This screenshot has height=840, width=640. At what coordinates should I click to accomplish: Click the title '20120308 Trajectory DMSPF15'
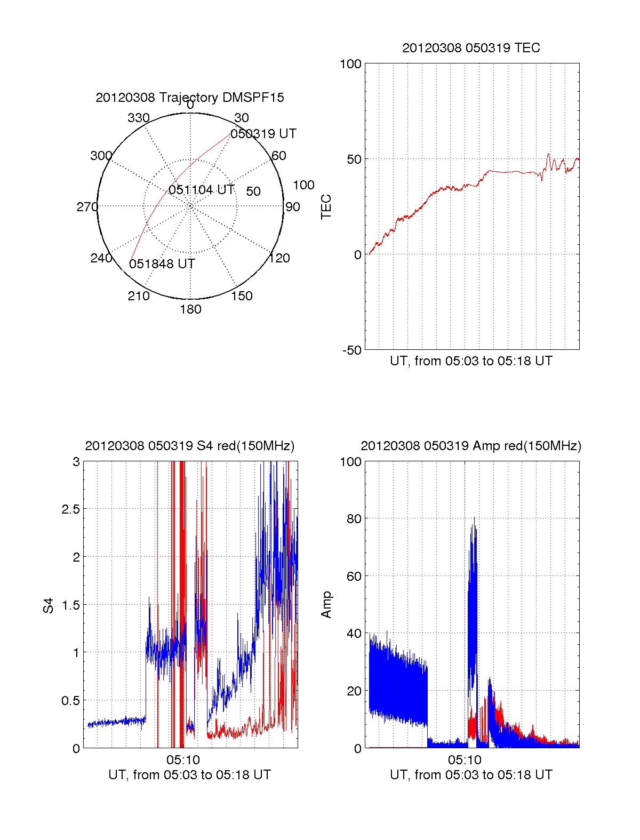[190, 98]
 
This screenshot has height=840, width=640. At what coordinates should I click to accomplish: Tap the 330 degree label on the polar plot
[138, 118]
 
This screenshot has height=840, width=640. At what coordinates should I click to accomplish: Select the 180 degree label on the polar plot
[190, 309]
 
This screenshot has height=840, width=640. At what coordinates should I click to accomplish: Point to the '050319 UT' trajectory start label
[263, 134]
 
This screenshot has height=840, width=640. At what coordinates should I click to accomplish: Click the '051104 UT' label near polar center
[202, 190]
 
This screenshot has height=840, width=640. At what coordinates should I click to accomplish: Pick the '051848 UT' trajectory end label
[162, 264]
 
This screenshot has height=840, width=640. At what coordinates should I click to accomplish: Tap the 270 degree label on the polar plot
[87, 207]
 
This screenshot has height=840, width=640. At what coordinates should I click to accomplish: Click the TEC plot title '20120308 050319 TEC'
[471, 48]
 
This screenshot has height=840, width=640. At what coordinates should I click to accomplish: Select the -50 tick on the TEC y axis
[352, 350]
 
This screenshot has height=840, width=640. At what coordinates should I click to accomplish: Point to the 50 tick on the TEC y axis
[354, 159]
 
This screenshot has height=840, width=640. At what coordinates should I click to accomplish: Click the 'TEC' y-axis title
[326, 207]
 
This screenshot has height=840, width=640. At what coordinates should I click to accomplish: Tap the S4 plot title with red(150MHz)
[189, 446]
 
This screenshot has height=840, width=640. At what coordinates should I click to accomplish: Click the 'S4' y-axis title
[49, 605]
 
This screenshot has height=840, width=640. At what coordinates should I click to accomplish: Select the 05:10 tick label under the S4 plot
[183, 760]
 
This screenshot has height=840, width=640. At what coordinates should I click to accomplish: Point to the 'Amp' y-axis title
[326, 605]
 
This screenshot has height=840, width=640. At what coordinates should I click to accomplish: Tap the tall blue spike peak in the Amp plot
[474, 518]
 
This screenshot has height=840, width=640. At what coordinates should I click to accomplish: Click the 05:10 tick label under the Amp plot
[465, 760]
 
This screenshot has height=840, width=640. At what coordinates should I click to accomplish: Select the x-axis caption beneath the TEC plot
[471, 361]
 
